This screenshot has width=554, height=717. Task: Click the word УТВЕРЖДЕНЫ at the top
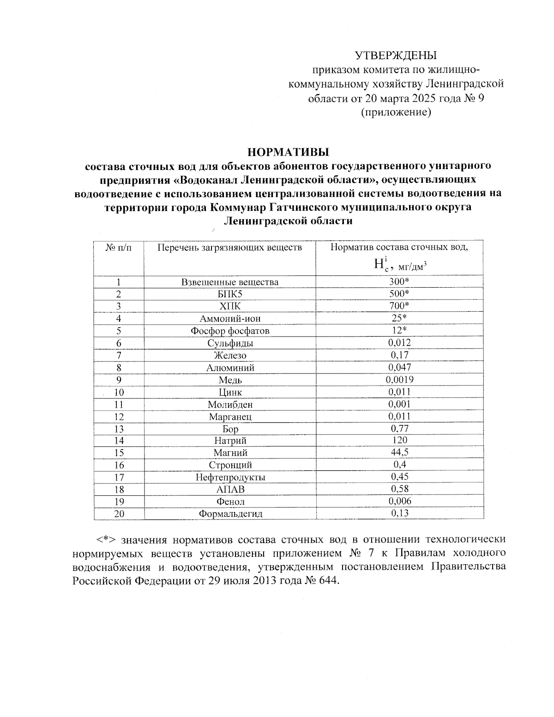tap(395, 56)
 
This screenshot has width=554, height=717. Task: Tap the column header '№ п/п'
tap(119, 247)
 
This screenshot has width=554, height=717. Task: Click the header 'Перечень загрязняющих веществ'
tap(229, 247)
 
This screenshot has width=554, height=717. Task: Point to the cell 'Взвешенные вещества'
tap(229, 282)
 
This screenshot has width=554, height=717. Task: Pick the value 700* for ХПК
tap(399, 306)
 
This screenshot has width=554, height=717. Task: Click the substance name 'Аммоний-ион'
tap(229, 319)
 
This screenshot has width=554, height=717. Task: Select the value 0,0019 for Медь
tap(399, 379)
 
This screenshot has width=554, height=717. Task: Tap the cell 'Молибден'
tap(229, 404)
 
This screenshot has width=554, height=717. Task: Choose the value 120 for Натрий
tap(399, 440)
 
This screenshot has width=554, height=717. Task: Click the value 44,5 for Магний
tap(399, 452)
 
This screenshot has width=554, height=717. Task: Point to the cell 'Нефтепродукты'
tap(229, 477)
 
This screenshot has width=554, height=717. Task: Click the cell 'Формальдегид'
tap(229, 513)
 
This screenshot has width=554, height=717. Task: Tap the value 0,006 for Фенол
tap(399, 501)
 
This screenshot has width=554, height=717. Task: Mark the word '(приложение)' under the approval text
tap(396, 112)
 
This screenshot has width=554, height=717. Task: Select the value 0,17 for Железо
tap(399, 355)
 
